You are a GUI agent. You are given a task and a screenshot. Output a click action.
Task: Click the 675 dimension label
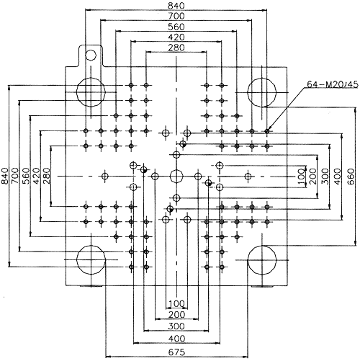click(x=176, y=352)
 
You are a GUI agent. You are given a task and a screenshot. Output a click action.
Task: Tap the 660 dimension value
click(x=351, y=177)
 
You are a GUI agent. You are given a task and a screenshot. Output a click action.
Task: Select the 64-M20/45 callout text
click(x=333, y=84)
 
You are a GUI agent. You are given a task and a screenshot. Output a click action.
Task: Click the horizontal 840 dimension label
click(x=176, y=5)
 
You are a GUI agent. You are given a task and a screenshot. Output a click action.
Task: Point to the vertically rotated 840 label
click(x=4, y=176)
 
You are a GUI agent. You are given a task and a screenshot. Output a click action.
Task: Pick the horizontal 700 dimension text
click(x=176, y=16)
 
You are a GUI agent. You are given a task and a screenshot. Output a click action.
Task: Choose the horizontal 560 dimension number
click(x=176, y=27)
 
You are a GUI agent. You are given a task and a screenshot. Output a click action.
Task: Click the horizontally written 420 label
click(x=176, y=37)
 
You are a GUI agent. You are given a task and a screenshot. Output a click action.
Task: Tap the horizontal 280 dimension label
click(x=176, y=48)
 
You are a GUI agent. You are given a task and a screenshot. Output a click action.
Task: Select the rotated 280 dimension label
click(x=47, y=176)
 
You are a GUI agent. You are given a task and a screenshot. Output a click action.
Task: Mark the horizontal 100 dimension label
click(x=176, y=303)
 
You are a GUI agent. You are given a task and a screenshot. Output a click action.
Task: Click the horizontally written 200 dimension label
click(x=176, y=314)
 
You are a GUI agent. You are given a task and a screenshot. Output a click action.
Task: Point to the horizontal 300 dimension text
click(x=176, y=326)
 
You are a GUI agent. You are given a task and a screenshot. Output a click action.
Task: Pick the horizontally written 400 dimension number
click(x=176, y=339)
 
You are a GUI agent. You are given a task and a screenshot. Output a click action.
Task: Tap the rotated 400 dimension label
click(x=338, y=177)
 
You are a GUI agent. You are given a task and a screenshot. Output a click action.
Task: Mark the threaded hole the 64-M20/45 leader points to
click(x=267, y=131)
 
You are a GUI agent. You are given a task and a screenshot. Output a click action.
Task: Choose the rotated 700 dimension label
click(x=15, y=176)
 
